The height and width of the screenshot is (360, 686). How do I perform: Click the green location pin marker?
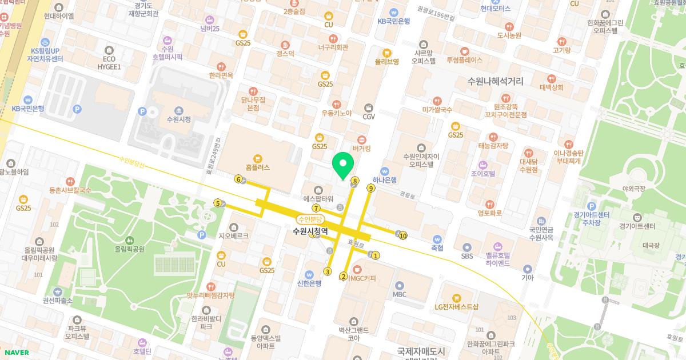click(x=342, y=166)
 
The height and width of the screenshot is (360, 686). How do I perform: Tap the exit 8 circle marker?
click(x=355, y=181)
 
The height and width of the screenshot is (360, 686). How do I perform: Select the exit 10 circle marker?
click(x=403, y=235)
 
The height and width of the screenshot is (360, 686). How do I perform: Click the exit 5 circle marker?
click(x=217, y=203)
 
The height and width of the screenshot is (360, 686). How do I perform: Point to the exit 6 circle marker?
click(x=238, y=179)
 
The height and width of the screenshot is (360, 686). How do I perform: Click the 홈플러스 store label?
click(x=257, y=168)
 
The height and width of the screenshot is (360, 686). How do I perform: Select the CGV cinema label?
click(x=368, y=117)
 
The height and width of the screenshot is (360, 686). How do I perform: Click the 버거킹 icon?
click(x=361, y=139)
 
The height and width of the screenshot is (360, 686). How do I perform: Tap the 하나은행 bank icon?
click(x=385, y=170)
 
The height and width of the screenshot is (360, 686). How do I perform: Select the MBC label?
click(x=400, y=294)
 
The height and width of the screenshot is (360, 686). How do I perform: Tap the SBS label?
click(x=467, y=257)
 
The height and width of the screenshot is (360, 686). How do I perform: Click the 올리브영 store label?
click(x=386, y=62)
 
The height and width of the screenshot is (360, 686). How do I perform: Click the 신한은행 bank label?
click(x=309, y=283)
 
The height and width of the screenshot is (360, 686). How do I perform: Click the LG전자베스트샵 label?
click(x=456, y=307)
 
